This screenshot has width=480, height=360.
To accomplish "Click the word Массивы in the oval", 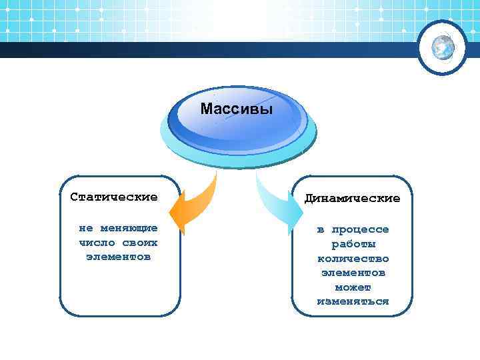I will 237,109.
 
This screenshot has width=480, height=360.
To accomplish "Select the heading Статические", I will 114,197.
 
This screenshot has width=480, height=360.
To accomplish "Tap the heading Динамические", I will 353,199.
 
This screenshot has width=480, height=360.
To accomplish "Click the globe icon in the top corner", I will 443,47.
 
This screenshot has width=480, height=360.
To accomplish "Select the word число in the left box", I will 97,242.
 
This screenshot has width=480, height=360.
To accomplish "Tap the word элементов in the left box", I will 118,256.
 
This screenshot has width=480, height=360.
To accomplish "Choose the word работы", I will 353,244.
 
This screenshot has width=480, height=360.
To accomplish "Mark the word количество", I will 353,259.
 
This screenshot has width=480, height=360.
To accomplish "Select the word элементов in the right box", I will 353,273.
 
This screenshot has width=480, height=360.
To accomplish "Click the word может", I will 353,287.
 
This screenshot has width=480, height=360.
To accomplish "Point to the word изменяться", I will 353,301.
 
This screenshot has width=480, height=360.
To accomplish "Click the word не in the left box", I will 86,228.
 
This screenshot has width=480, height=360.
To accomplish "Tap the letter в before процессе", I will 321,229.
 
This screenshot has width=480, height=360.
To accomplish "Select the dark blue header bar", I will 200,51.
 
